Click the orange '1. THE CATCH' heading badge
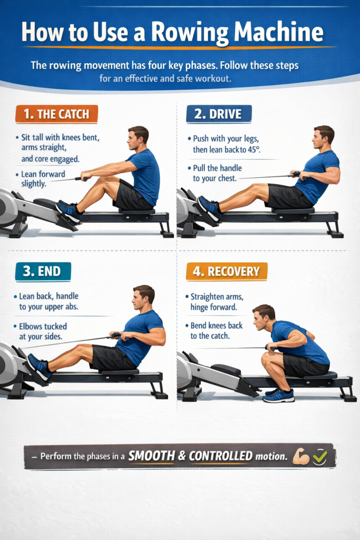point(56,114)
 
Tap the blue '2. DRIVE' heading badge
point(219,114)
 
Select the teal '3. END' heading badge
point(43,272)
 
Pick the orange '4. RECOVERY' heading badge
point(227,272)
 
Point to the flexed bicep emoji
point(301,457)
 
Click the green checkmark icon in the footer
point(319,457)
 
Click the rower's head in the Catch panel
point(138,138)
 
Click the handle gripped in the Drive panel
point(297,175)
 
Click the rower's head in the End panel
point(143,298)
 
